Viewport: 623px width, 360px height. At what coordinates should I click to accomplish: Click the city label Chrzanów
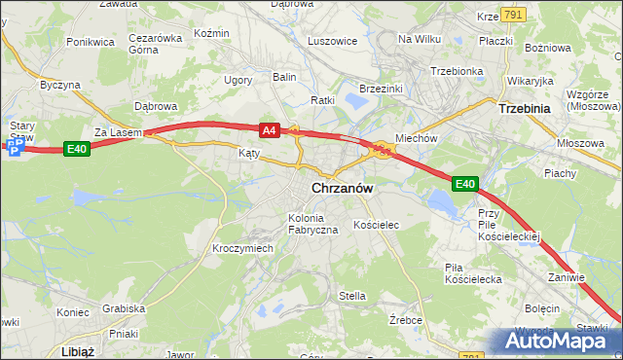(x=344, y=188)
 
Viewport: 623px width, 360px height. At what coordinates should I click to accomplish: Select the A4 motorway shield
(x=270, y=129)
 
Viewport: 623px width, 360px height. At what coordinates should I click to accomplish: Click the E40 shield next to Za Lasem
(x=78, y=148)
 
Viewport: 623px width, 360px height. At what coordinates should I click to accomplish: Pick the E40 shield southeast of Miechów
(x=464, y=183)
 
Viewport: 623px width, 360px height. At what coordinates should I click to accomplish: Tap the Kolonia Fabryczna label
(x=312, y=223)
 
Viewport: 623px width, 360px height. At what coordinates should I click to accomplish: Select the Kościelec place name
(x=377, y=225)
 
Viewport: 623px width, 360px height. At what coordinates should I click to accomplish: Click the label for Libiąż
(x=76, y=350)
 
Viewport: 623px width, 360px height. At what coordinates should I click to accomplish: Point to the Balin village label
(x=284, y=76)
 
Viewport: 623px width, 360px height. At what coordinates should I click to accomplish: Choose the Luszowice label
(x=332, y=42)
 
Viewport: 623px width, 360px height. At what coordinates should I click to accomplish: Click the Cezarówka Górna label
(x=156, y=45)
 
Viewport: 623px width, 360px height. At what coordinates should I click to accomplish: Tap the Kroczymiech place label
(x=242, y=248)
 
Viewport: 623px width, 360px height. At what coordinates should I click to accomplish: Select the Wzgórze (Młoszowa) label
(x=594, y=100)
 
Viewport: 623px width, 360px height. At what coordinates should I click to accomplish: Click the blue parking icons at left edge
(x=13, y=147)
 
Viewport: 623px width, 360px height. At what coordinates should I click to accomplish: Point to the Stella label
(x=351, y=296)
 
